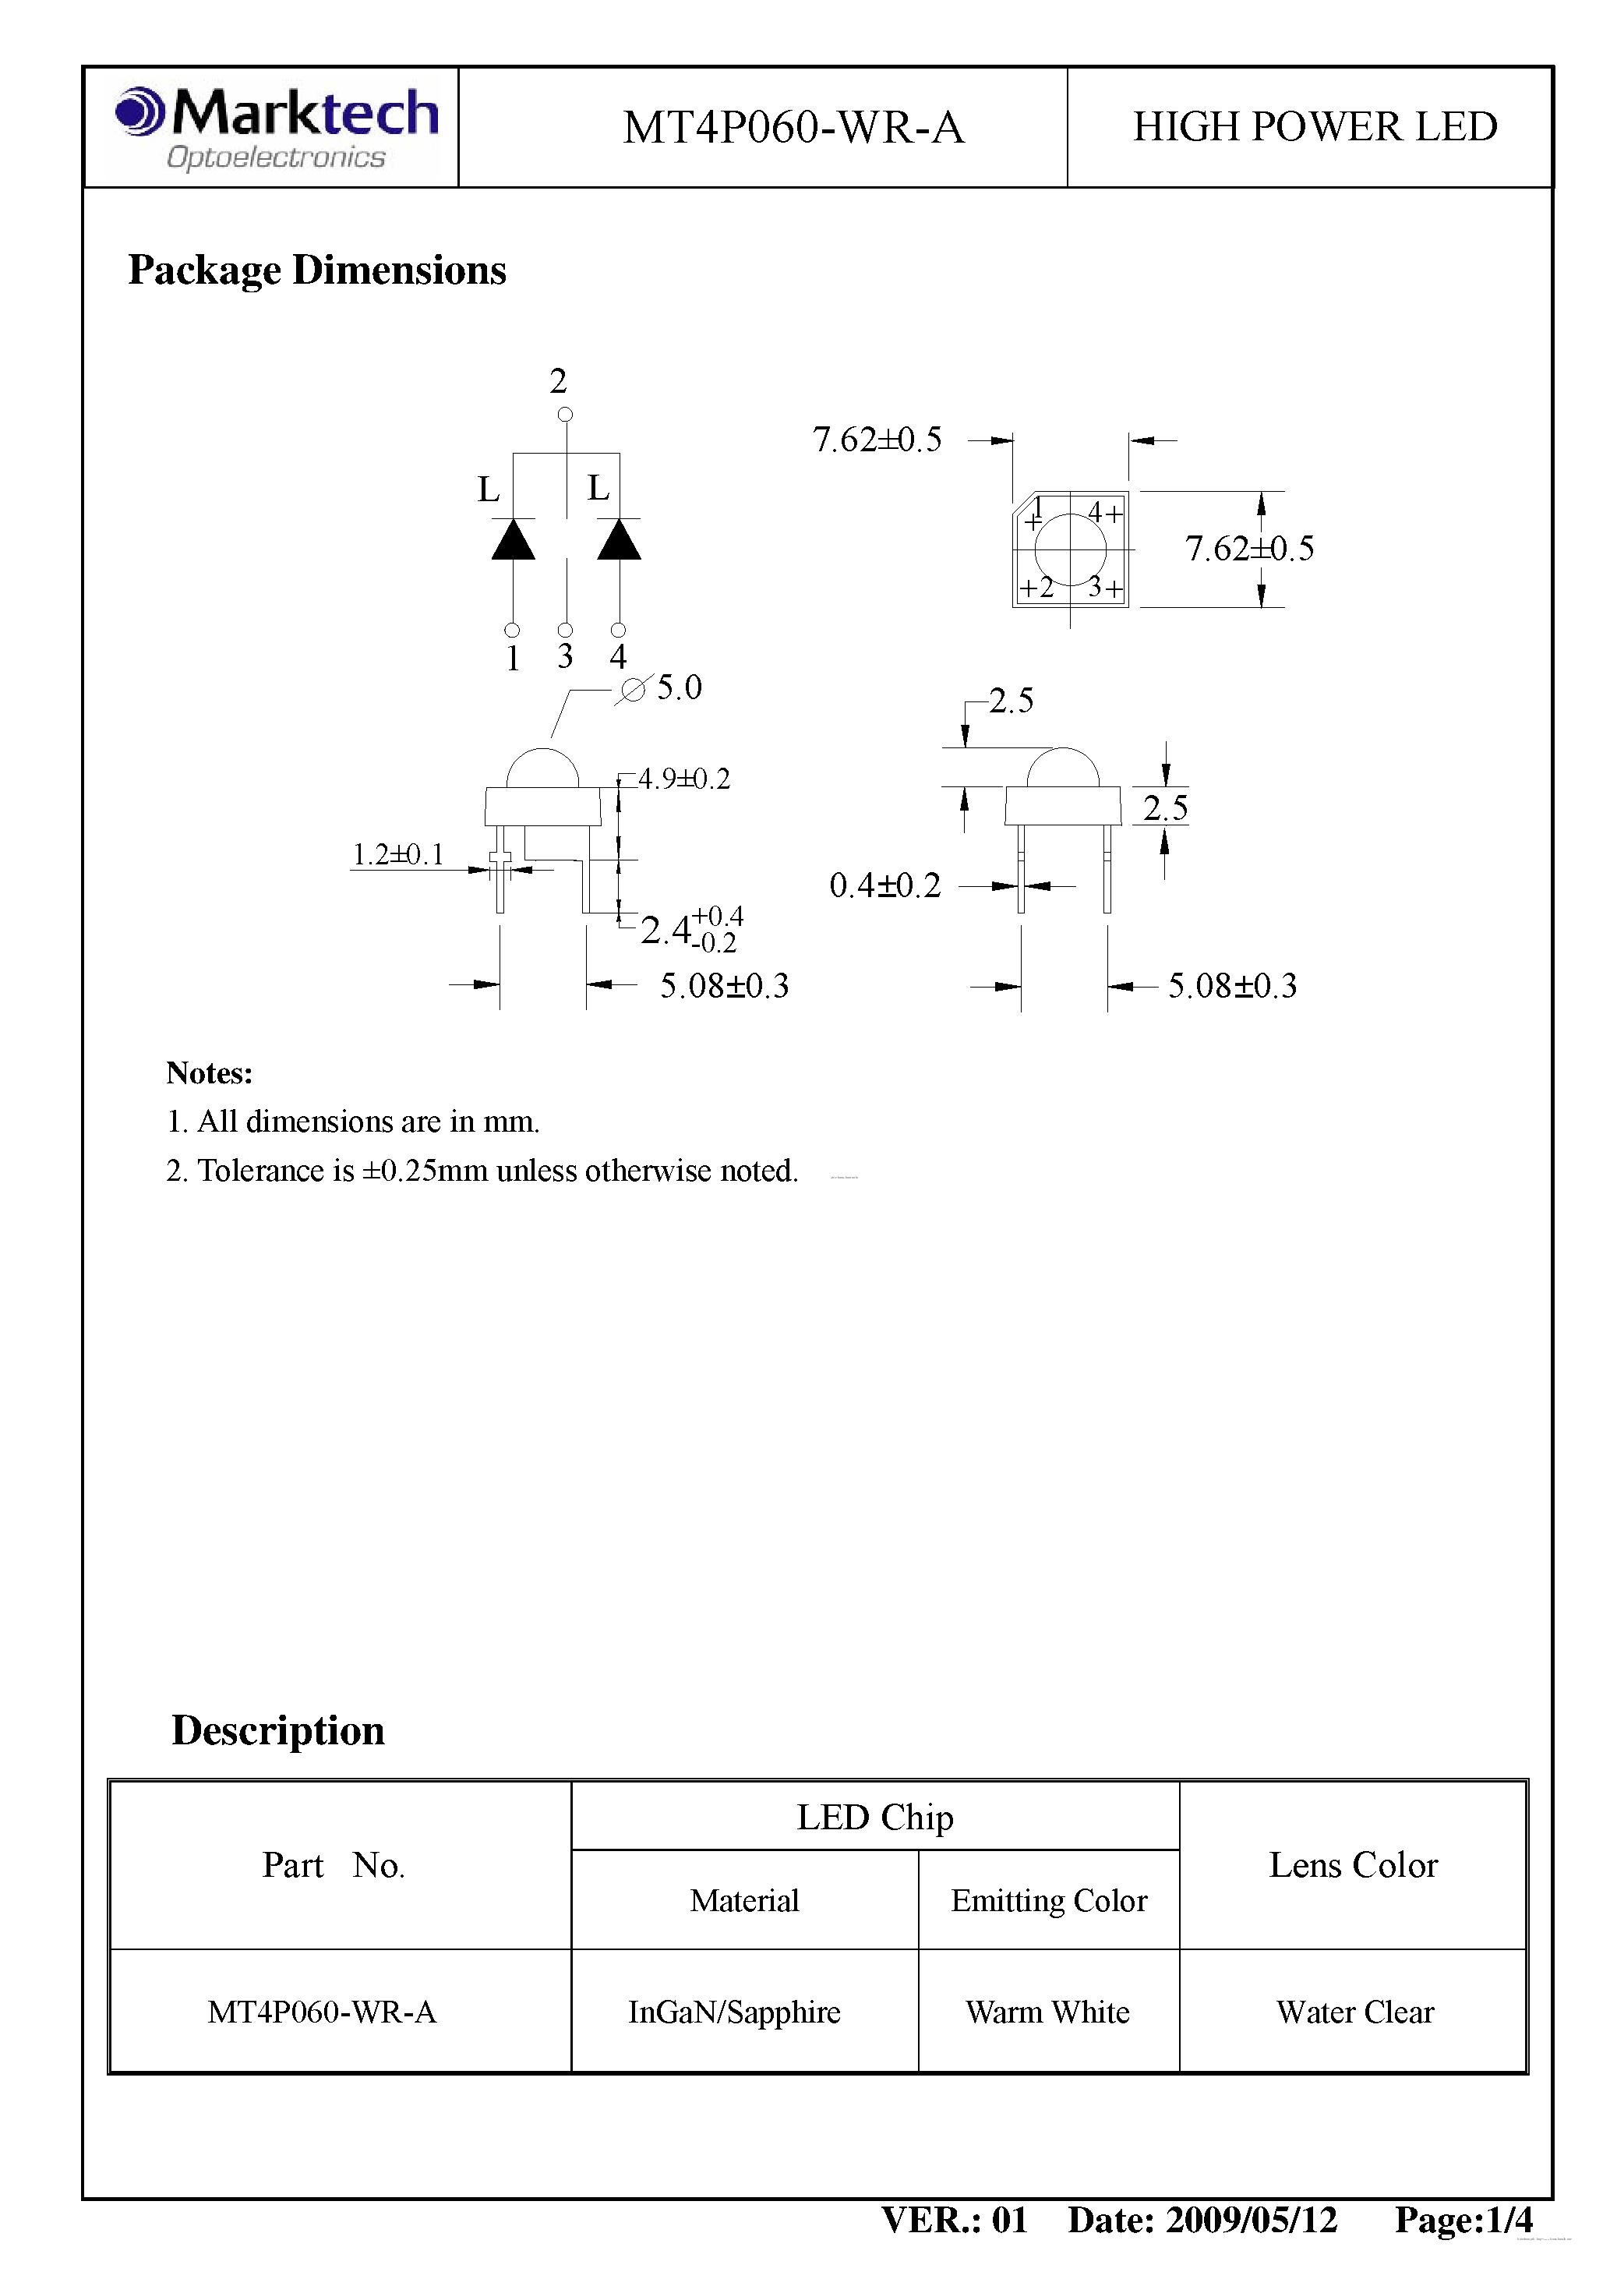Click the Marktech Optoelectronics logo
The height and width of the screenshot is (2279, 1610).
[x=276, y=127]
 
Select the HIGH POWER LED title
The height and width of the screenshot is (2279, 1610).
[x=1314, y=127]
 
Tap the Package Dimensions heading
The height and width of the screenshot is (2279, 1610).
[x=316, y=270]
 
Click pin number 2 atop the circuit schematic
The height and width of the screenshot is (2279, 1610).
[x=558, y=381]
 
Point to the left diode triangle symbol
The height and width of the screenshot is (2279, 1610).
[x=514, y=540]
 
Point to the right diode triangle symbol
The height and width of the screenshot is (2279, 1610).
[x=620, y=540]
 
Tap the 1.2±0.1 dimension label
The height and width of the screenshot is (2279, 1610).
[x=398, y=854]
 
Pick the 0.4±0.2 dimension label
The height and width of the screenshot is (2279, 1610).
[x=884, y=885]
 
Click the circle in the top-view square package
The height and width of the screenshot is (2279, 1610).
[x=1070, y=549]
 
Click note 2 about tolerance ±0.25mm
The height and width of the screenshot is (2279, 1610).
[x=482, y=1171]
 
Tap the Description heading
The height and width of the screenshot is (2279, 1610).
[x=278, y=1731]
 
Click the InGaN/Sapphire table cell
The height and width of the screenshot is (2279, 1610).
[x=735, y=2012]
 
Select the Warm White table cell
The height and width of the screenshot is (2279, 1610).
[x=1047, y=2012]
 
